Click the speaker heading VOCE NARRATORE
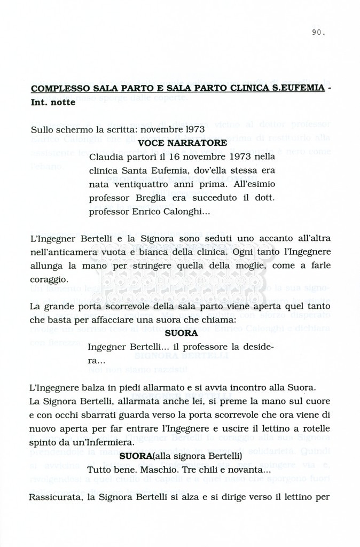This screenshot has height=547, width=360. [x=182, y=143]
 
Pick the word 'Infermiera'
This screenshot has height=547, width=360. [x=108, y=442]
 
